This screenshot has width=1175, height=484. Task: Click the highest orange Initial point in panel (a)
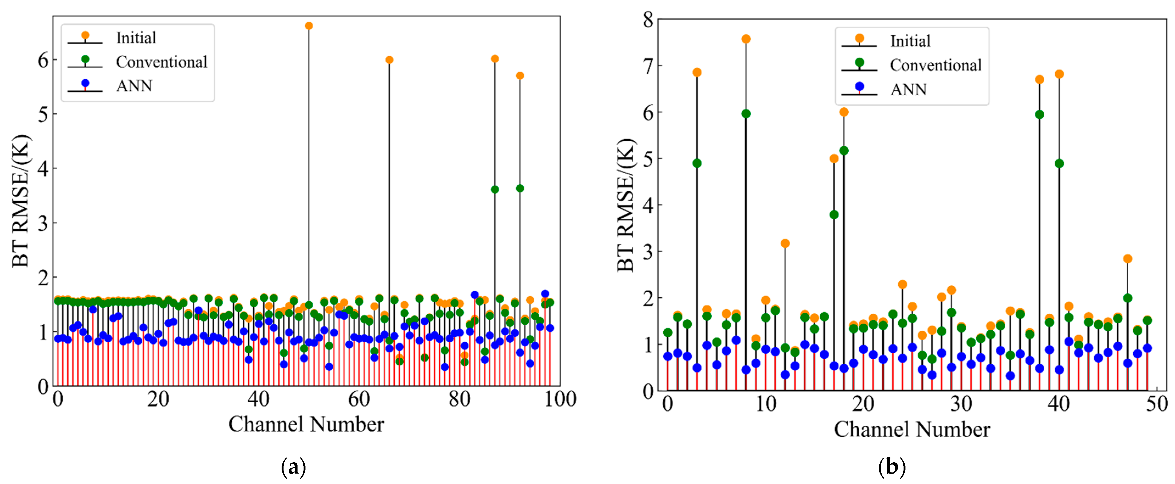309,26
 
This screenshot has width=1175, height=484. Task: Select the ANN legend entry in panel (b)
908,89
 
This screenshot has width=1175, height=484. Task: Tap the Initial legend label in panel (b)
910,41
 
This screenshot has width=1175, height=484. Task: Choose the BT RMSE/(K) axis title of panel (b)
626,205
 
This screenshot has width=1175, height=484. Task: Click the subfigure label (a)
293,468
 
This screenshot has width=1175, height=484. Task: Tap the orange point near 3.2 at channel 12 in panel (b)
785,244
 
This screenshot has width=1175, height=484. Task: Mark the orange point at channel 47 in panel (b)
1128,259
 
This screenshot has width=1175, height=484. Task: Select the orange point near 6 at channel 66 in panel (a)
389,60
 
